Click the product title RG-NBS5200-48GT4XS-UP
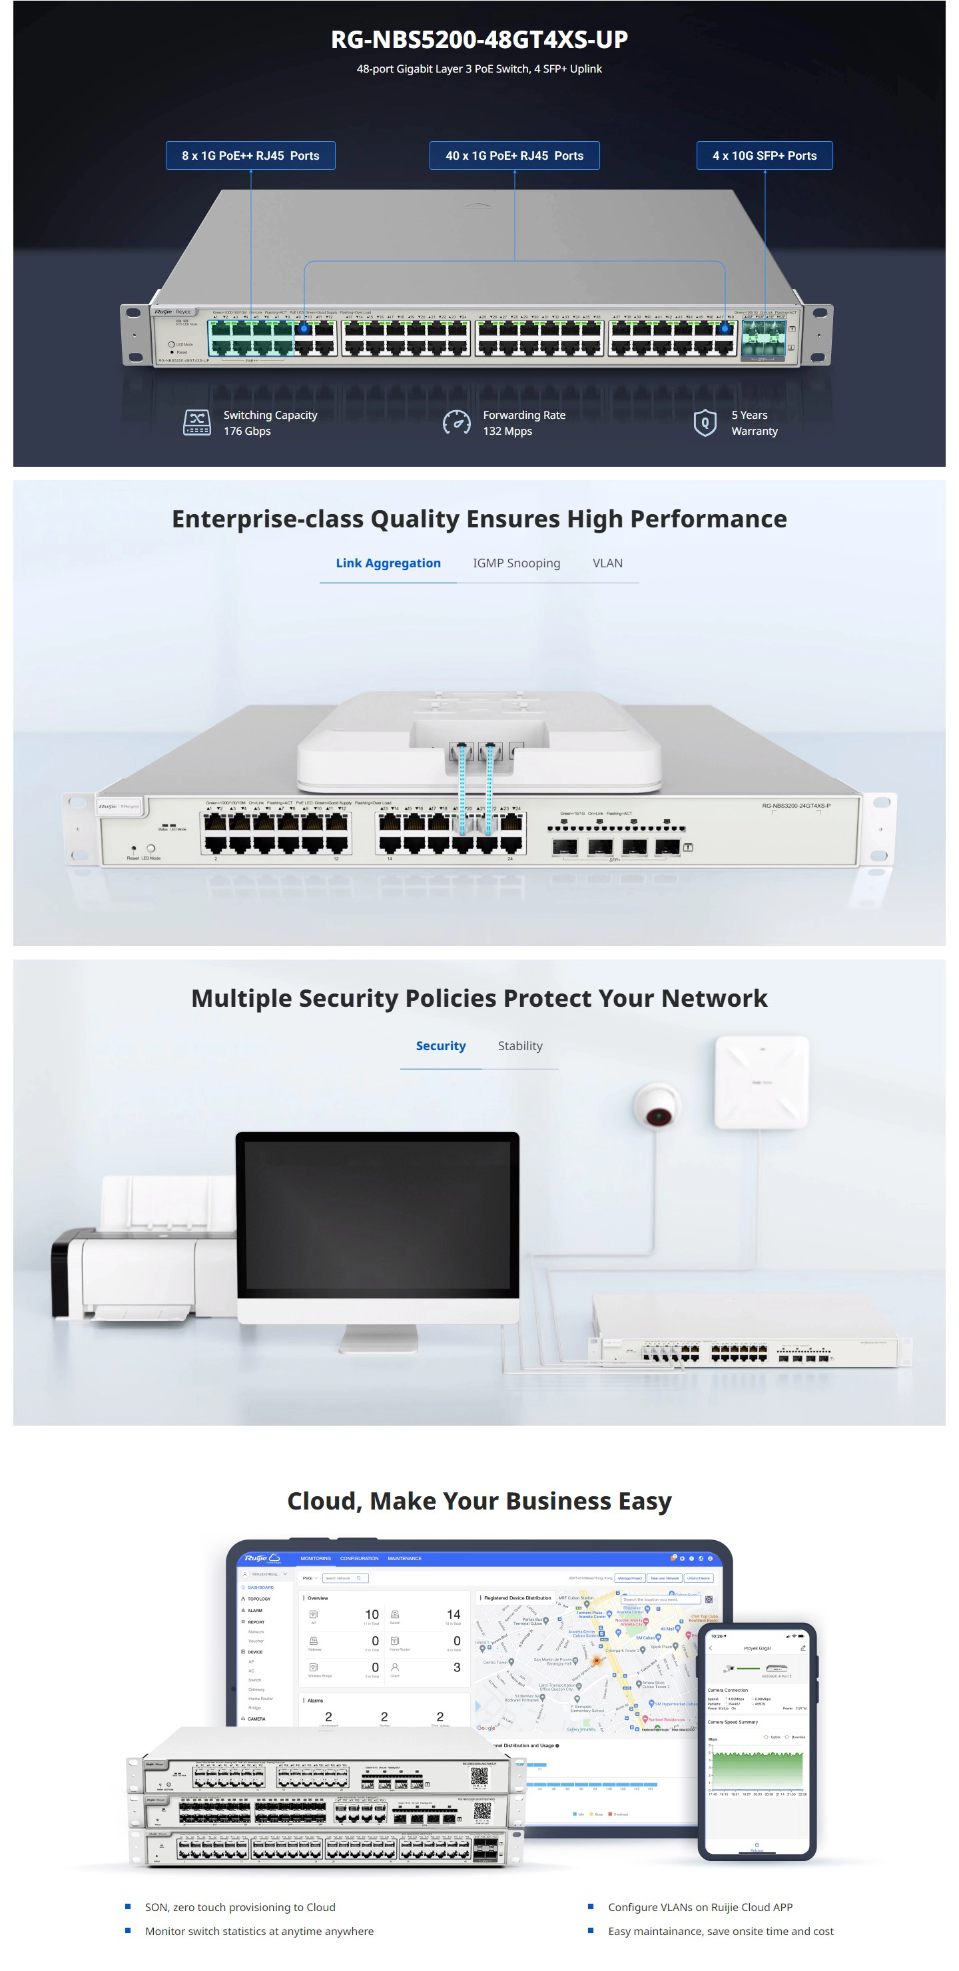click(x=479, y=39)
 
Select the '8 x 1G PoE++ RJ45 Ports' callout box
click(x=250, y=155)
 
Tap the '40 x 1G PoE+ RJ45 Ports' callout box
click(x=514, y=155)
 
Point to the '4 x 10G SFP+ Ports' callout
click(x=764, y=155)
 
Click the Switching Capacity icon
click(x=196, y=422)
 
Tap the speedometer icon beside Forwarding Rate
click(x=457, y=422)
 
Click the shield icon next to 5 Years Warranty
click(x=704, y=422)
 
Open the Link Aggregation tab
click(x=388, y=563)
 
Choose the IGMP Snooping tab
click(x=516, y=563)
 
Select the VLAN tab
click(x=607, y=563)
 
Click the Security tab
click(x=440, y=1046)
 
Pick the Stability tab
click(x=519, y=1046)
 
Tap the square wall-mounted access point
click(x=761, y=1082)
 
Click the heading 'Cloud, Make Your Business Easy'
click(x=479, y=1501)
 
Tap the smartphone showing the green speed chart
click(x=757, y=1741)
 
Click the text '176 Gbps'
click(x=247, y=431)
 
